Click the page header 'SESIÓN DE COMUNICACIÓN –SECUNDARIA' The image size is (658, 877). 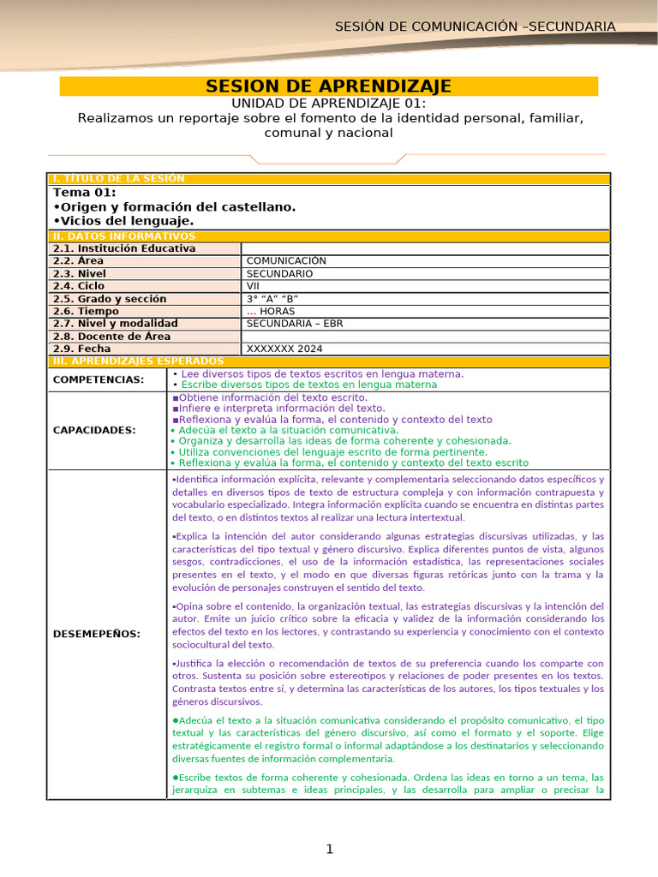475,27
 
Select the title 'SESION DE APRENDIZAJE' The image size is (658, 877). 329,87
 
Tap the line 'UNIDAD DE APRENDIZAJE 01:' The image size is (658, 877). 329,103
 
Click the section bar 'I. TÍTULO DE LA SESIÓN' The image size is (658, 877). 119,178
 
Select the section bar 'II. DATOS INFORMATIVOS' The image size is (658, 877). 124,236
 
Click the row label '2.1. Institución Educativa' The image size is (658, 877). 124,248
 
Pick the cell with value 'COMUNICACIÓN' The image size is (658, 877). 286,261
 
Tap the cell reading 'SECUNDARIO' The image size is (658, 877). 279,274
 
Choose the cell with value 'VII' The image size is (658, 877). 254,286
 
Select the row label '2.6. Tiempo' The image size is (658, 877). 87,312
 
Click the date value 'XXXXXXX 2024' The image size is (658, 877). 285,349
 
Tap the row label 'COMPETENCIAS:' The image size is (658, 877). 99,379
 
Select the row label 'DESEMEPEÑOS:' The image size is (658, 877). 96,634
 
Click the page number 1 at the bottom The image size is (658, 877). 329,849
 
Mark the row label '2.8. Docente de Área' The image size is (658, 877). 111,337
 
